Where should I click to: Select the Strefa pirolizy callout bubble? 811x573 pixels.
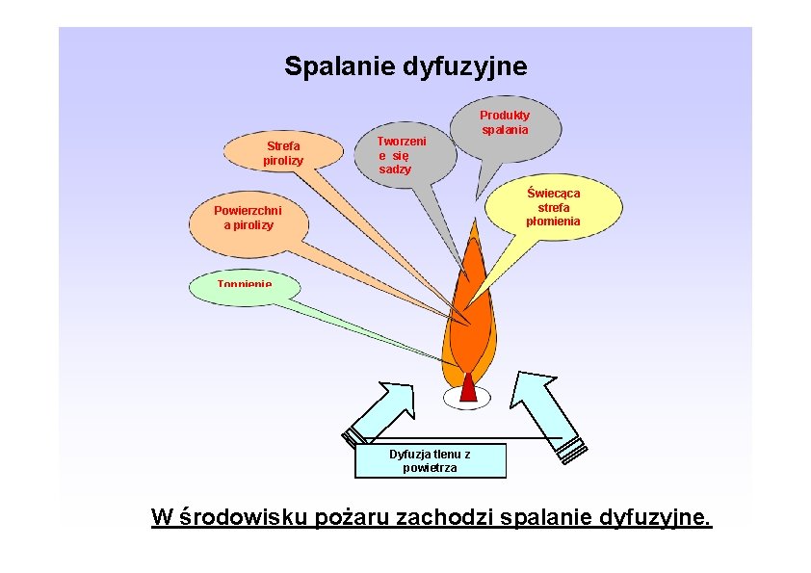[283, 152]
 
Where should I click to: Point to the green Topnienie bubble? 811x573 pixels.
[245, 287]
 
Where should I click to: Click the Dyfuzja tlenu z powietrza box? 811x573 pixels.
[430, 460]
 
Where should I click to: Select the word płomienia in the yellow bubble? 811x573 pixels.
[553, 221]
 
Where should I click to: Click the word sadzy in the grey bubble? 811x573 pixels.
[395, 169]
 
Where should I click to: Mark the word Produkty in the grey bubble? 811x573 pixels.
[505, 115]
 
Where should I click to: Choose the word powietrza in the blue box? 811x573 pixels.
[430, 468]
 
